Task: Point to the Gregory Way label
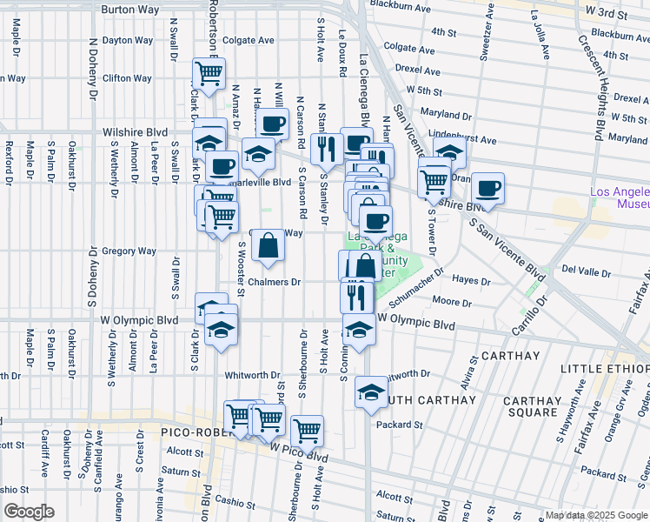(129, 251)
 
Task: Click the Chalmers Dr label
(274, 282)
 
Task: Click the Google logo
(30, 512)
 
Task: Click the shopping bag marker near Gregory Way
(269, 247)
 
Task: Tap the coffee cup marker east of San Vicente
(488, 188)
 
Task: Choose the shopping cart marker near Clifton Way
(209, 74)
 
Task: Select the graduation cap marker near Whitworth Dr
(372, 392)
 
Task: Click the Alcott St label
(185, 452)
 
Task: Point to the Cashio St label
(232, 501)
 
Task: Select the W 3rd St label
(607, 13)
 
